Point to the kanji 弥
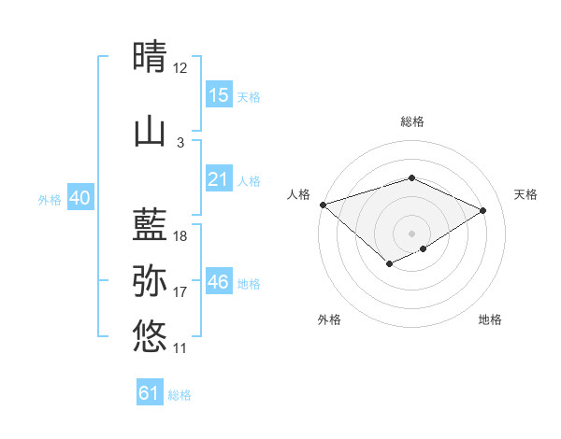coord(150,280)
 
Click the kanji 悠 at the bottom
coord(150,335)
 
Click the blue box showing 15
coord(218,95)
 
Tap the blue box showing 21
coord(218,179)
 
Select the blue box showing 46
coord(218,282)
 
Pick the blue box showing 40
coord(79,198)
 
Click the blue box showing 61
coord(150,393)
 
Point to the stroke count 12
coord(180,68)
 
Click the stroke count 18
coord(180,236)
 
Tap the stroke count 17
coord(180,292)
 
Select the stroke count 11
coord(180,348)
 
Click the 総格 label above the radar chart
coord(411,121)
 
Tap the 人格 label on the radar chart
coord(299,194)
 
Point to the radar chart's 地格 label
coord(490,319)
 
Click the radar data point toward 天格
coord(483,210)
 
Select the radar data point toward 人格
coord(323,205)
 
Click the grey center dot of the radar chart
coord(411,234)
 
